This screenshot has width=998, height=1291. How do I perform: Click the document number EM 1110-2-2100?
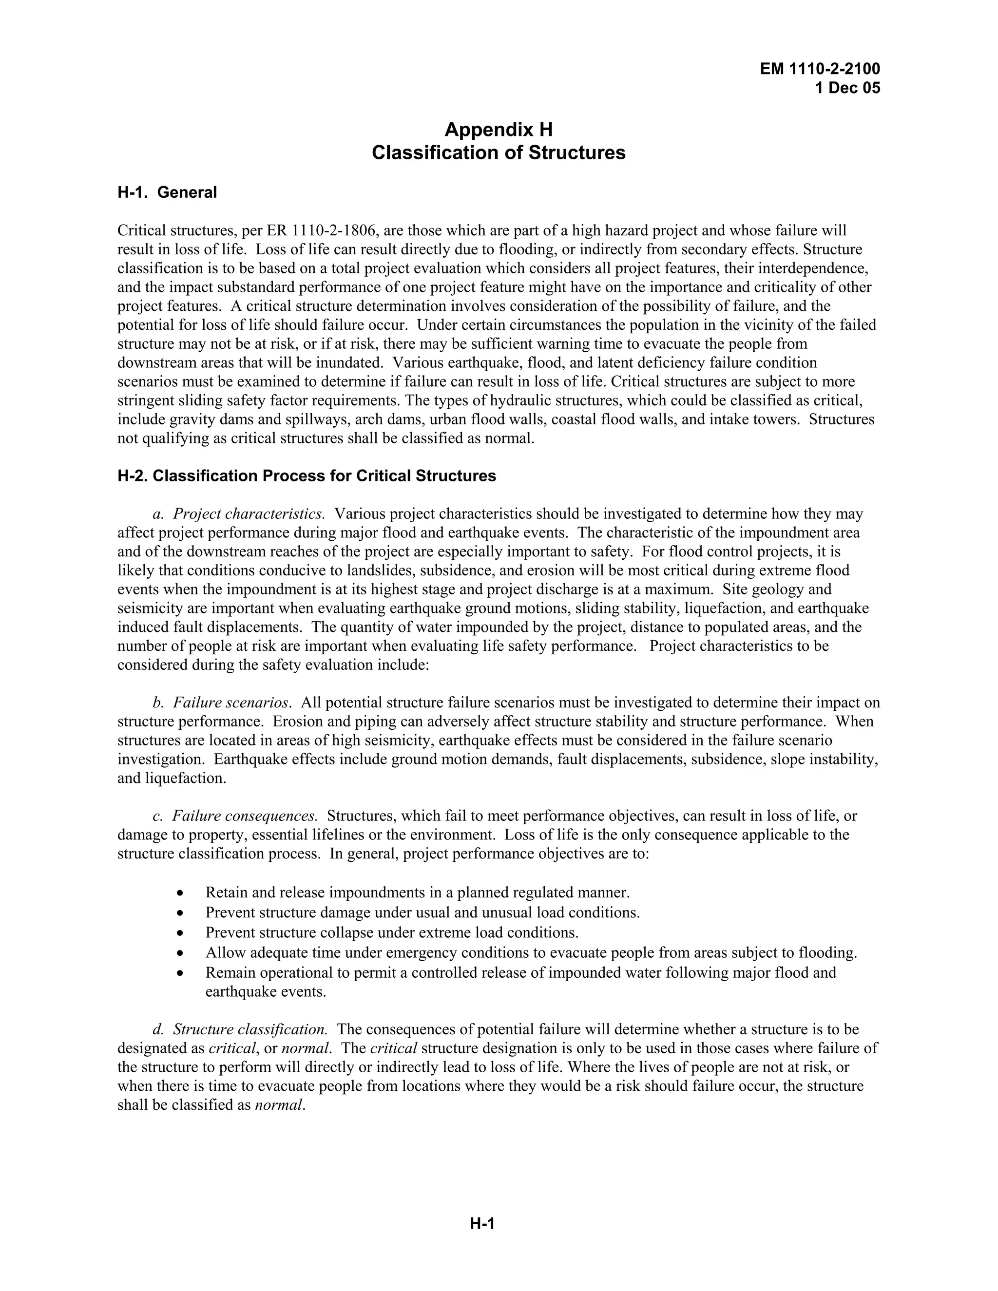(820, 69)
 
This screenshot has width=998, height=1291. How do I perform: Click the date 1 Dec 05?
(847, 88)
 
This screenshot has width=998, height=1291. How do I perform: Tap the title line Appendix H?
(499, 129)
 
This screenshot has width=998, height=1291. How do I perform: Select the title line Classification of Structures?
(499, 152)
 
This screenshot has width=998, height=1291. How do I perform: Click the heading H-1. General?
(167, 192)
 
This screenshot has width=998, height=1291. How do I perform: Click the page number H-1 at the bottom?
(482, 1224)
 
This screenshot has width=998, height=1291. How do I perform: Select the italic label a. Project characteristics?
(238, 513)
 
